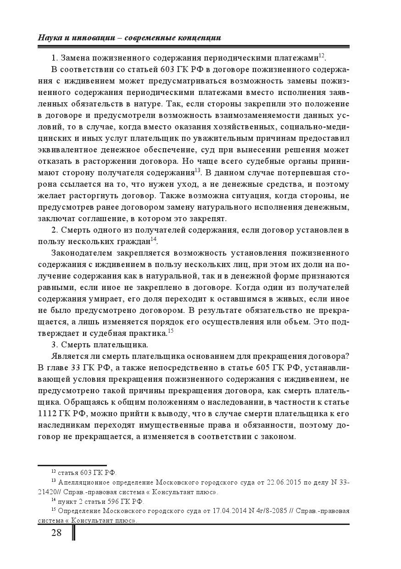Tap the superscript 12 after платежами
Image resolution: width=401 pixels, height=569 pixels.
click(x=322, y=56)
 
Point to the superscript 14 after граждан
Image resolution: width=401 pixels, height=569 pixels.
click(x=154, y=239)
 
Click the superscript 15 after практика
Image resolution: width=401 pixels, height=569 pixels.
click(x=170, y=330)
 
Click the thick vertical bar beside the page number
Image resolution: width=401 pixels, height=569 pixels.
click(x=74, y=533)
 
